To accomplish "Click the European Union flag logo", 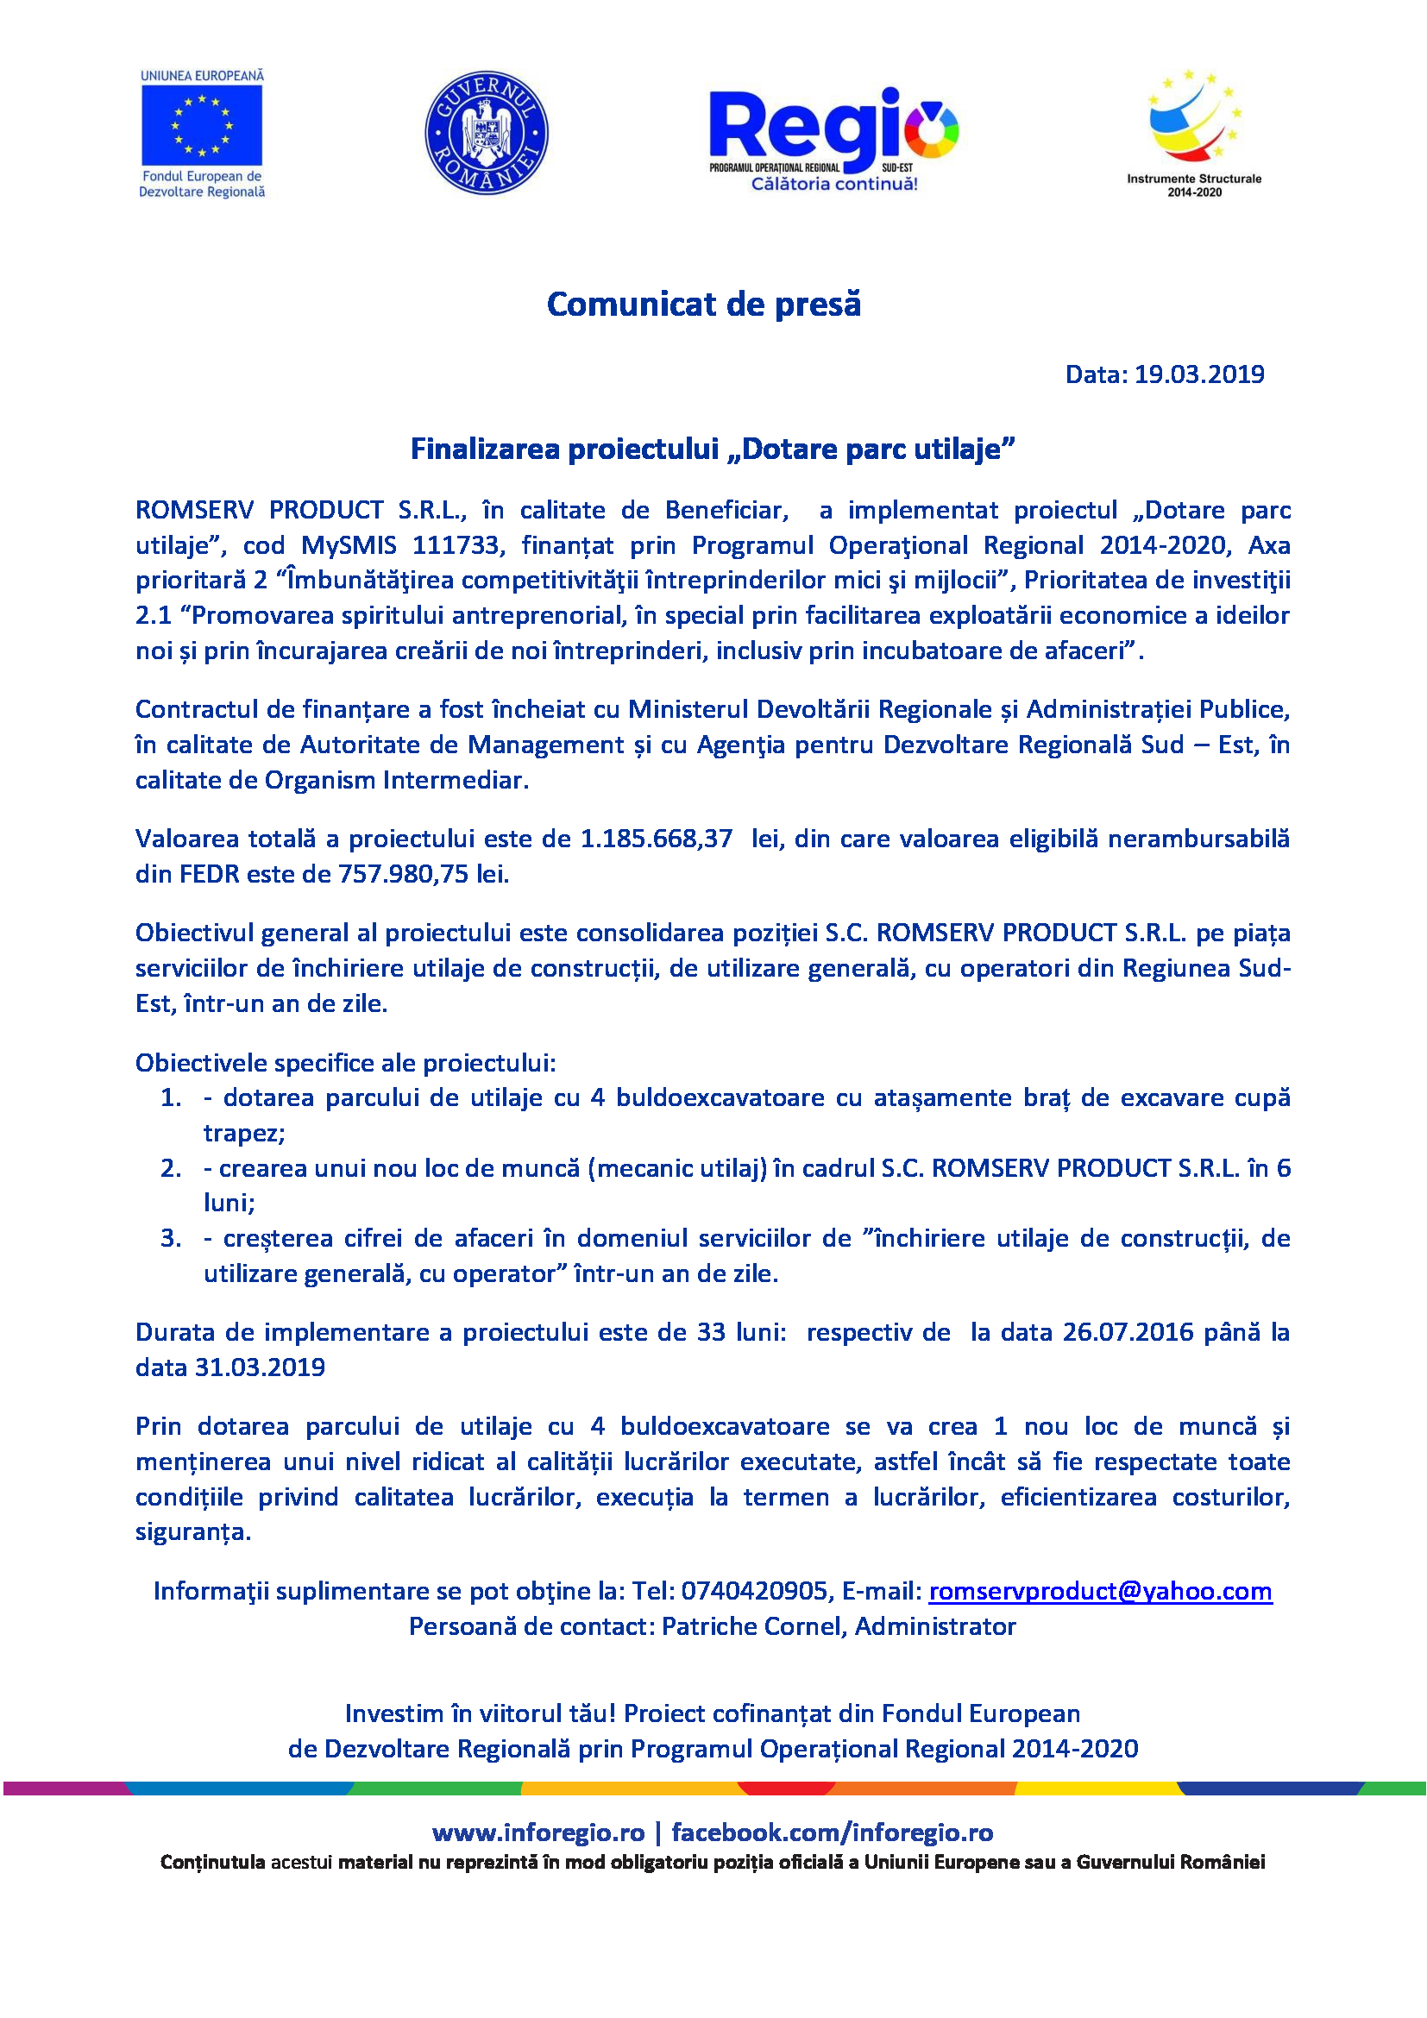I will (x=201, y=125).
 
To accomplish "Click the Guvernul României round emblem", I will (x=486, y=133).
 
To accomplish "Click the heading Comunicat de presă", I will (x=704, y=304).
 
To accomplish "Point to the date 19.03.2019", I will (x=1198, y=374).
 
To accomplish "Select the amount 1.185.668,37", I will (x=656, y=839).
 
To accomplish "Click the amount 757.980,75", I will (x=403, y=874).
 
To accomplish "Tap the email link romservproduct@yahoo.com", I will (x=1099, y=1591).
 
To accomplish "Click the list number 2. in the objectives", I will (x=171, y=1168).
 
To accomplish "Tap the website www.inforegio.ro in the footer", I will (x=537, y=1833).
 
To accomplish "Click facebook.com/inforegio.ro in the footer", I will (x=832, y=1833).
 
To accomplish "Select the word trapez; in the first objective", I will (x=243, y=1133).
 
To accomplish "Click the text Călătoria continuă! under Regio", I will (x=833, y=184).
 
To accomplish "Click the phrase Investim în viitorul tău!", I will (x=481, y=1714).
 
